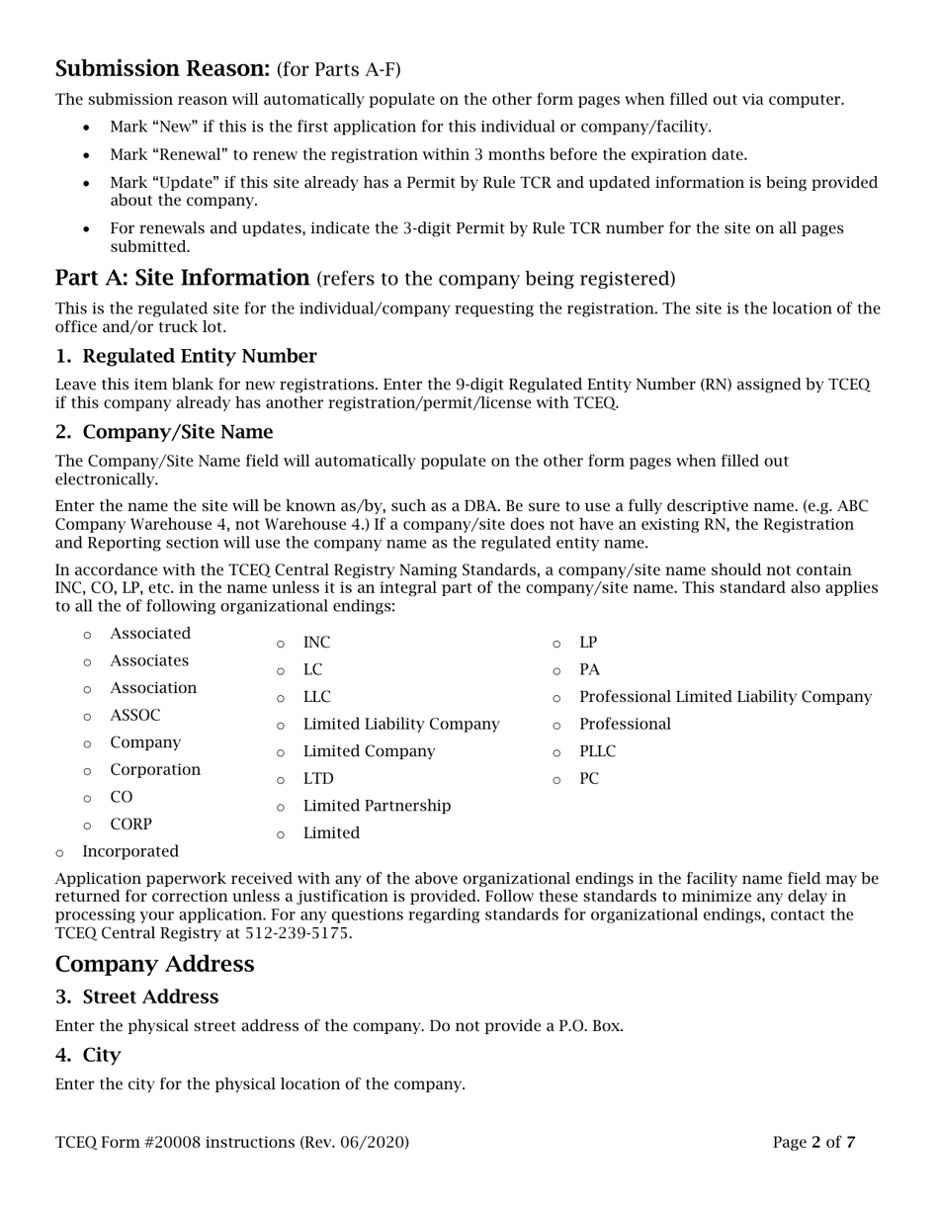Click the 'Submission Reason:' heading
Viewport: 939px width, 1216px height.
point(162,68)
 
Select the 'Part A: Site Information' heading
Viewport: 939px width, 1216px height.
point(183,278)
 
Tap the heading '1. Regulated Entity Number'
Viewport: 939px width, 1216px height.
point(186,356)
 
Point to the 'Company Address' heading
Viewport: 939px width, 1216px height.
point(154,964)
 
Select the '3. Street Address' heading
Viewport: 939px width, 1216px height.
point(136,997)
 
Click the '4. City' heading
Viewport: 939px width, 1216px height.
point(88,1055)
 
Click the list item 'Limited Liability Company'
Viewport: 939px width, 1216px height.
point(400,725)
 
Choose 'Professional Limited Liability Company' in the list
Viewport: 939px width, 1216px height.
point(725,697)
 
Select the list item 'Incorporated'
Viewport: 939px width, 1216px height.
point(130,851)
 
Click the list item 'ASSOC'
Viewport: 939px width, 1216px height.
point(134,715)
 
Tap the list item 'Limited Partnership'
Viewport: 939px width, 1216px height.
point(377,806)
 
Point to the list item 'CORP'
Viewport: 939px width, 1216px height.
point(130,824)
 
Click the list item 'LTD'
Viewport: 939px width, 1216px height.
point(318,779)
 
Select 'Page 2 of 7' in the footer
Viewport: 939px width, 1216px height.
point(813,1143)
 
